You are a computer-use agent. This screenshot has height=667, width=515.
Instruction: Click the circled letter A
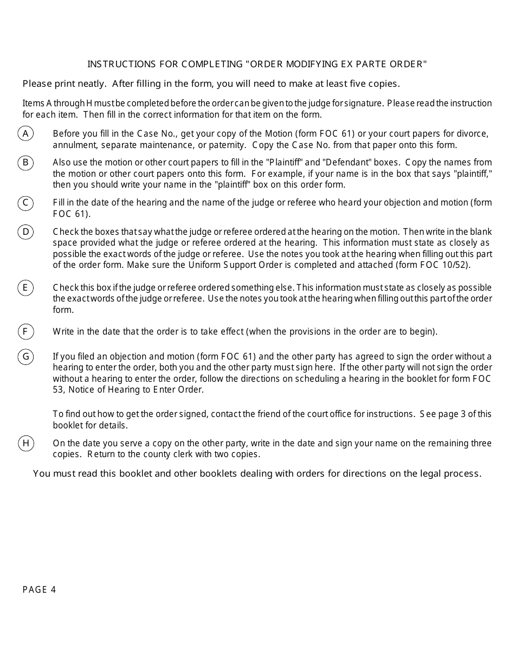coord(25,133)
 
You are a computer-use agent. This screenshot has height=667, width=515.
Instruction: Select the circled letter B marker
coord(25,163)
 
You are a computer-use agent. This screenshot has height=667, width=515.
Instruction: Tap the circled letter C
coord(25,203)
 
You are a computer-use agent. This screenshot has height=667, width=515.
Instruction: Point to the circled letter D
coord(25,232)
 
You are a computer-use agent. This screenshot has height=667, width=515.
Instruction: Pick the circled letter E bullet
coord(25,287)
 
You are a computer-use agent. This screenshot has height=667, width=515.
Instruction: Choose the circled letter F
coord(25,331)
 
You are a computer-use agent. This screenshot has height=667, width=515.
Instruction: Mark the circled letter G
coord(25,356)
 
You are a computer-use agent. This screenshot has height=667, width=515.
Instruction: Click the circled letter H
coord(25,443)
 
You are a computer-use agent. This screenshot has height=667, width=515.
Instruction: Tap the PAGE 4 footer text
coord(40,590)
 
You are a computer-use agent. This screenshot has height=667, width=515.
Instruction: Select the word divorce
coord(473,133)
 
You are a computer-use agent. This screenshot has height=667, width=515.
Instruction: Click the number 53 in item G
coord(58,390)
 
